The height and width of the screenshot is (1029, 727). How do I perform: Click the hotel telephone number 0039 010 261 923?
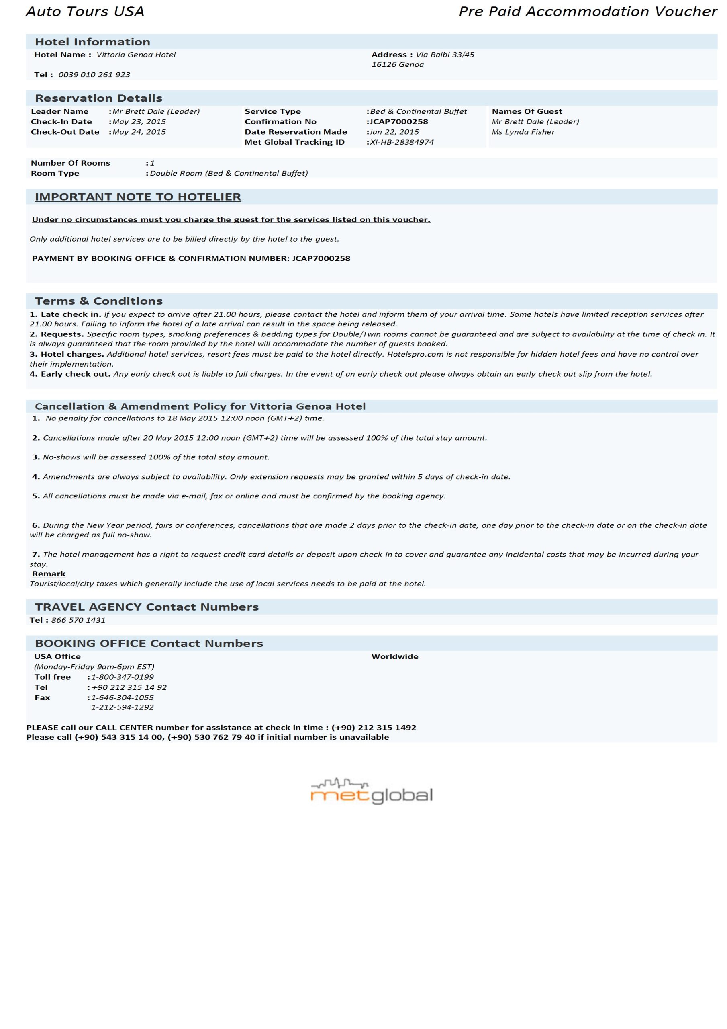94,75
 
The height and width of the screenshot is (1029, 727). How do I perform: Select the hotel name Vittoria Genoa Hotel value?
136,55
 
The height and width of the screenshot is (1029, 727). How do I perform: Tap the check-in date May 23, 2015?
139,121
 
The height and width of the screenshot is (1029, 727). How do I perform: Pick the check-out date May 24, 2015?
139,132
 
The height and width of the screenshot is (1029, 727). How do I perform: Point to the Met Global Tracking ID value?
401,142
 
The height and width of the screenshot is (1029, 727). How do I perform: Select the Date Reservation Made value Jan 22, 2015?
394,132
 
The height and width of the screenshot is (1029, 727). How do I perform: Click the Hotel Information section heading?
92,42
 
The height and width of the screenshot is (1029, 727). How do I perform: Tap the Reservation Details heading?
98,98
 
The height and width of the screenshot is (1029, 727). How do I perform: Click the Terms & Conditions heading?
98,301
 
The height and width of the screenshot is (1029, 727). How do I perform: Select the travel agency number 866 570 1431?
78,620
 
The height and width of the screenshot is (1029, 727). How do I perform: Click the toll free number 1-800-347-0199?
122,677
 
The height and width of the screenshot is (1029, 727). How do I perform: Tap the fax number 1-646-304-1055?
122,697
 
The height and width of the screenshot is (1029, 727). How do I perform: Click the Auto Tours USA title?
85,12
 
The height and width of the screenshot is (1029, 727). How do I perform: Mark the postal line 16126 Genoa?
397,65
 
